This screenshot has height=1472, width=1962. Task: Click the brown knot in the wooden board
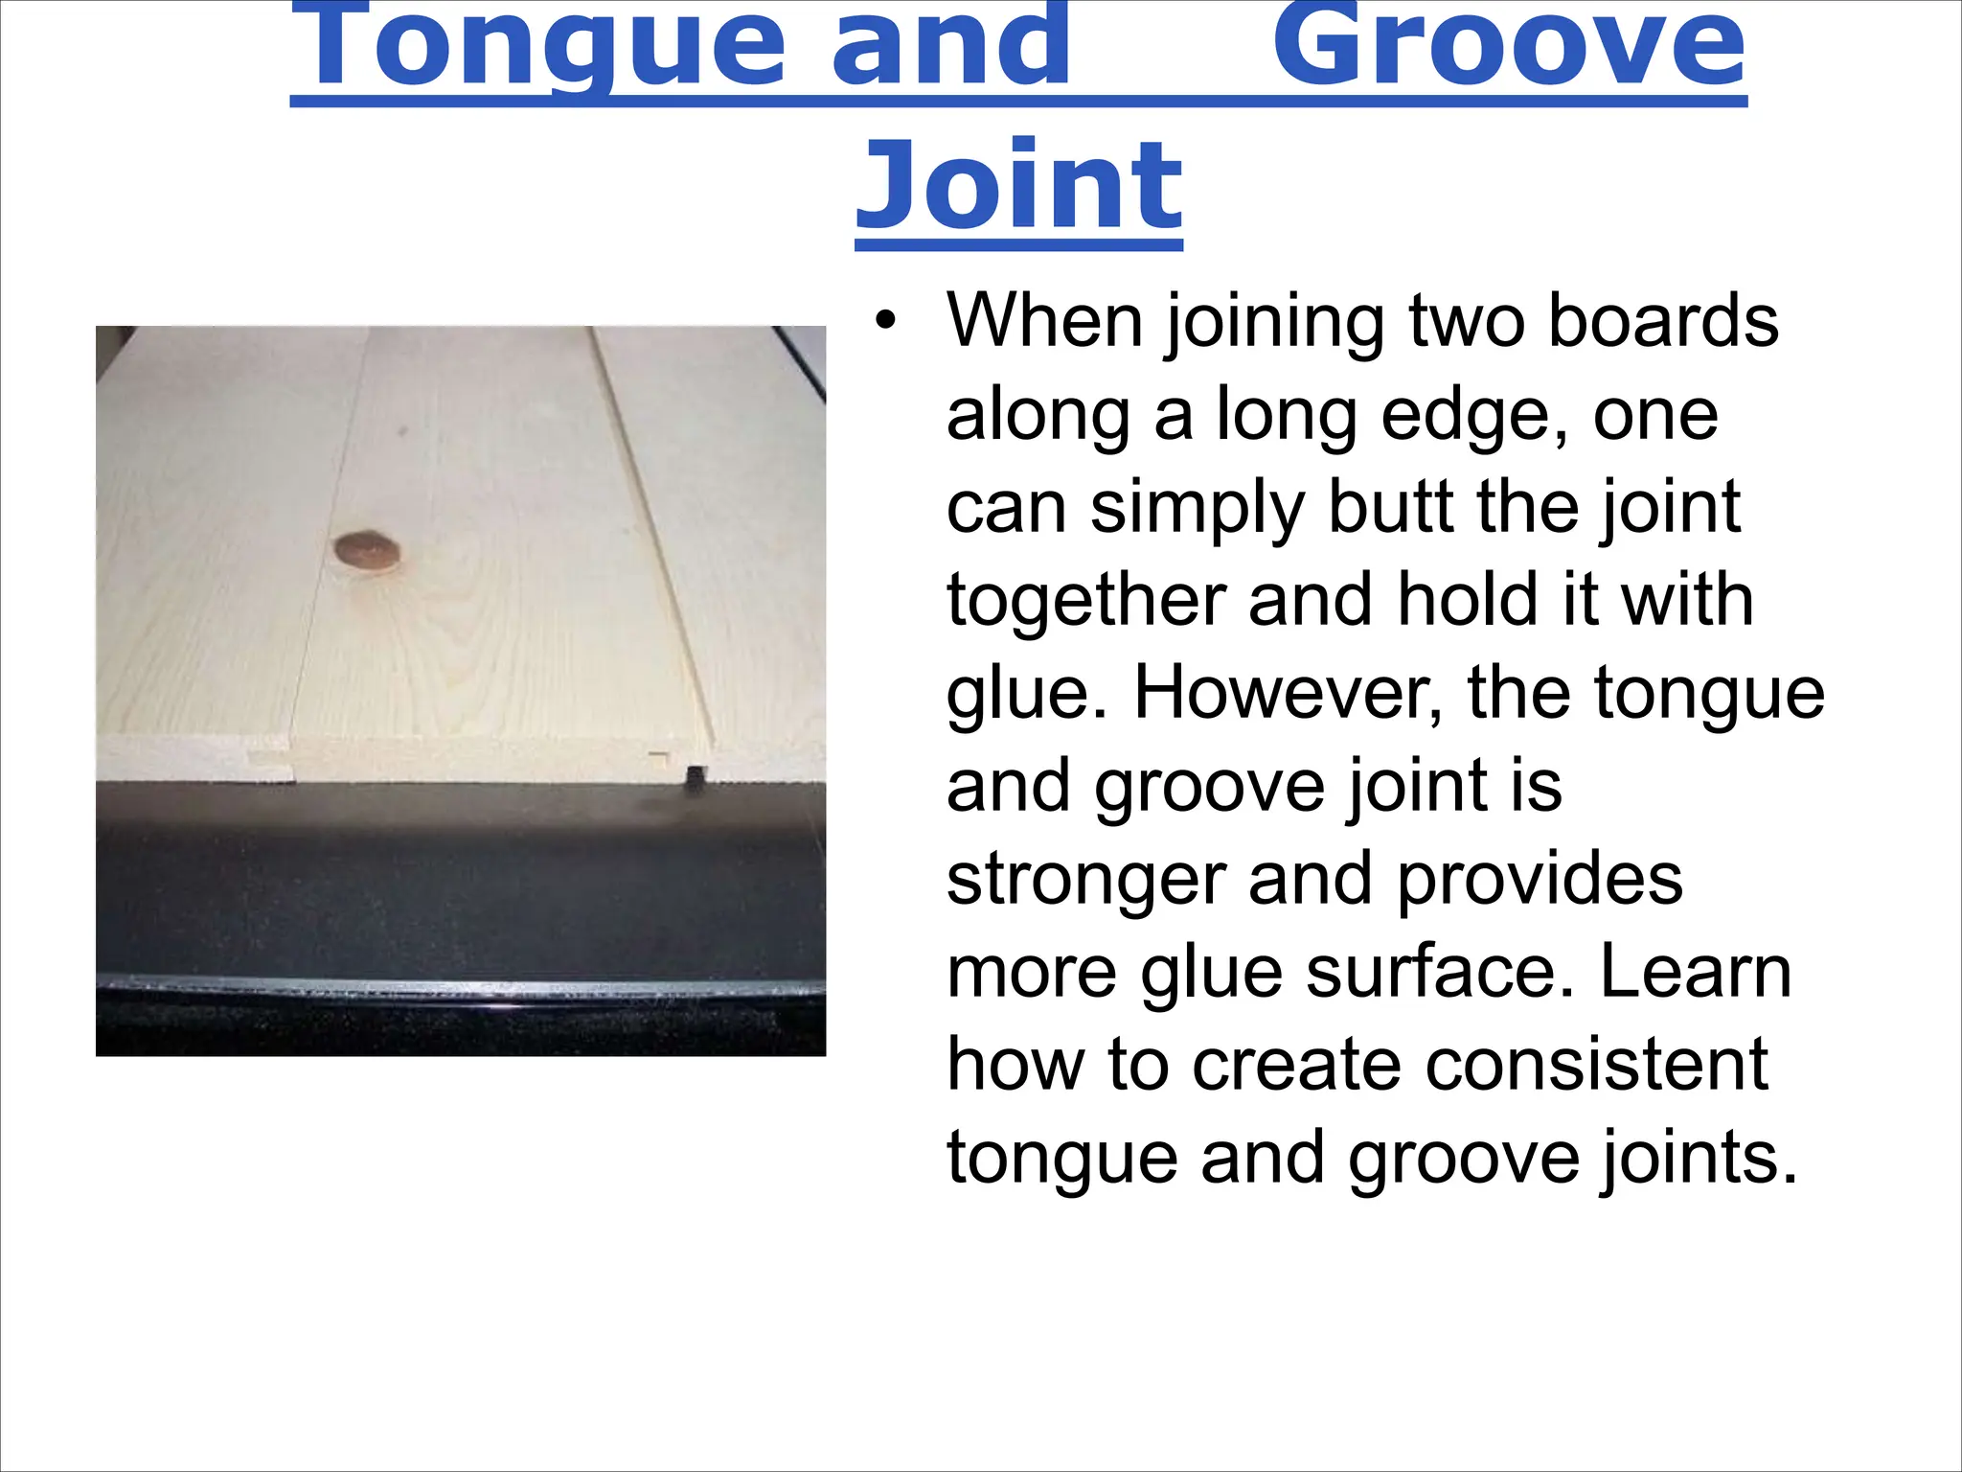[367, 550]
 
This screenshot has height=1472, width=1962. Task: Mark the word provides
[1540, 879]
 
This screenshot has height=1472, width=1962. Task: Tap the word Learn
[1695, 972]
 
